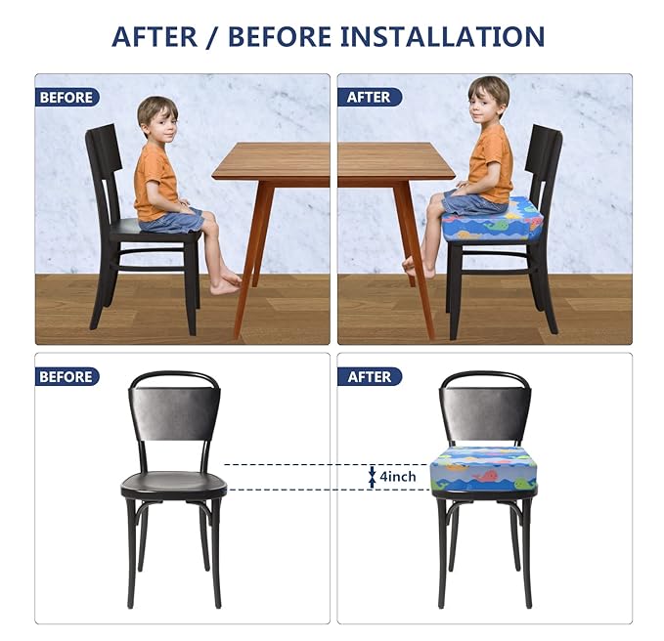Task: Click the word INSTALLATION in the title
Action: tap(442, 36)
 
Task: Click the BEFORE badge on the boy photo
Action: tap(66, 97)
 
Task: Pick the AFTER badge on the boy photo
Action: tap(369, 97)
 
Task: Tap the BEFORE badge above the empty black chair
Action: tap(66, 376)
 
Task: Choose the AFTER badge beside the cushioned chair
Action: tap(369, 376)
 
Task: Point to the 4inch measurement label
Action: tap(398, 476)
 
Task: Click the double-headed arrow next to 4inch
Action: tap(372, 476)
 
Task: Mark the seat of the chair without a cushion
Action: tap(174, 484)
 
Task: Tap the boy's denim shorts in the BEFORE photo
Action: tap(172, 219)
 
